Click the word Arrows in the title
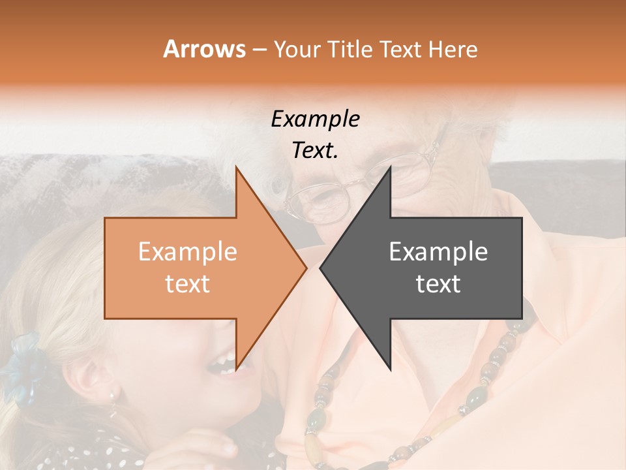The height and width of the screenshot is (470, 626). (x=204, y=49)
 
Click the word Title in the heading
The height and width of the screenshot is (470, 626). (x=351, y=49)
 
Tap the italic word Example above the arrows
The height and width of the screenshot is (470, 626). (x=315, y=119)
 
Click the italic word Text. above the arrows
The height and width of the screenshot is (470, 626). (x=315, y=151)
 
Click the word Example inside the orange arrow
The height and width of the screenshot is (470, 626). (x=187, y=252)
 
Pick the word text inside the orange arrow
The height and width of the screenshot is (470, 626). (x=187, y=284)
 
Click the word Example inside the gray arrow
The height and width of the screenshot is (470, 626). (x=438, y=252)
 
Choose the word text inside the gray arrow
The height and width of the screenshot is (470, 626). (x=438, y=284)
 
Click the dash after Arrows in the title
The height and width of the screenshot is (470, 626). (x=258, y=50)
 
